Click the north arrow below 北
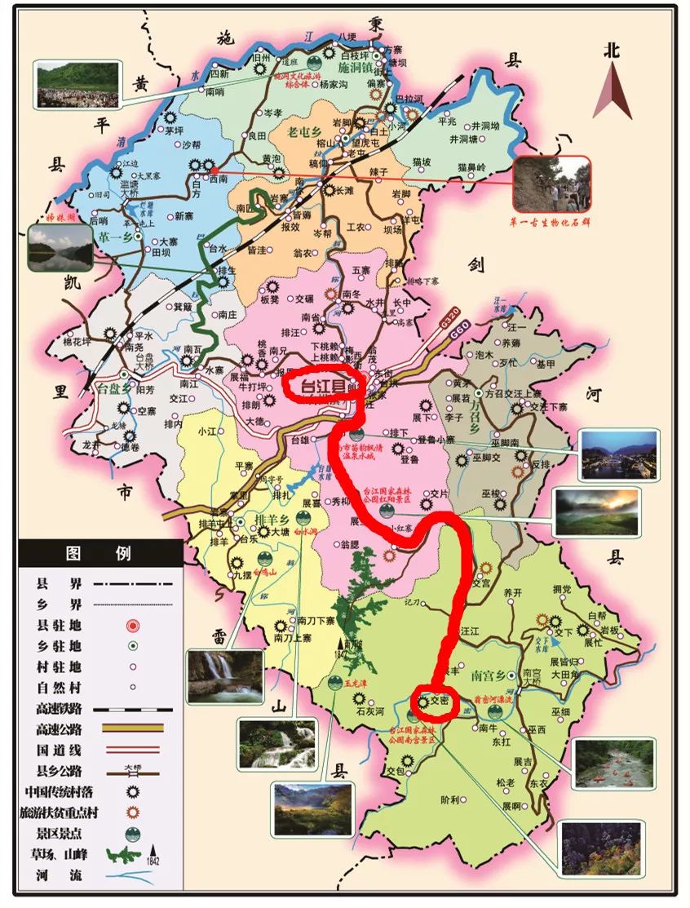(x=612, y=91)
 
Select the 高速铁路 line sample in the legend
(x=131, y=709)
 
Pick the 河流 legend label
(x=48, y=877)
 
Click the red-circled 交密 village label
(x=440, y=701)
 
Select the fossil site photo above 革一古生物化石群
(x=551, y=183)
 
